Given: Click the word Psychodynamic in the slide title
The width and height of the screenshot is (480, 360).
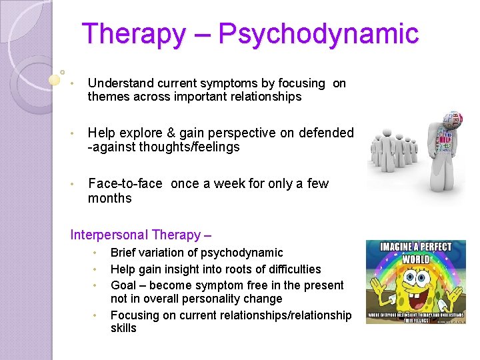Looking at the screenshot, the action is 318,33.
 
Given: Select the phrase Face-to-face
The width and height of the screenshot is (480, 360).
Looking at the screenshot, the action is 125,183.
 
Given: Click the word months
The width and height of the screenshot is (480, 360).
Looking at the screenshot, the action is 110,198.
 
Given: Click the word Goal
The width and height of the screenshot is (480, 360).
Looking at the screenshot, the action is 123,285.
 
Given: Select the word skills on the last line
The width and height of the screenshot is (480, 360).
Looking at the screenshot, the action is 123,328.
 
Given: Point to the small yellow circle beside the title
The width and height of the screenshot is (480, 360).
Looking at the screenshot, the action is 55,80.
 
